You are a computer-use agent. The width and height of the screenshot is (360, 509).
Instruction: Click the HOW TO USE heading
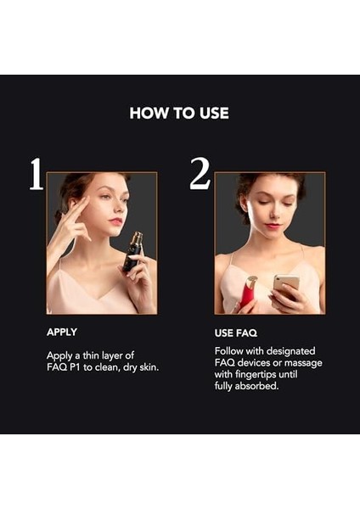pyautogui.click(x=179, y=113)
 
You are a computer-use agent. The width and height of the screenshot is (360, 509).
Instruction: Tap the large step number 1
pyautogui.click(x=35, y=174)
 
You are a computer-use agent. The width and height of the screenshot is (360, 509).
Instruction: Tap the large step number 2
pyautogui.click(x=200, y=174)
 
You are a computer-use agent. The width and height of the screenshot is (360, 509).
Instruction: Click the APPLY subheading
pyautogui.click(x=62, y=332)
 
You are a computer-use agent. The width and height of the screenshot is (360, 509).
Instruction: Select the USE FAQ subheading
pyautogui.click(x=237, y=332)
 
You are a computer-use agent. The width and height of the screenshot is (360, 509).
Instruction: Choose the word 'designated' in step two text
pyautogui.click(x=290, y=350)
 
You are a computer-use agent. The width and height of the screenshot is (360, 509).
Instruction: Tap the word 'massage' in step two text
pyautogui.click(x=300, y=362)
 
